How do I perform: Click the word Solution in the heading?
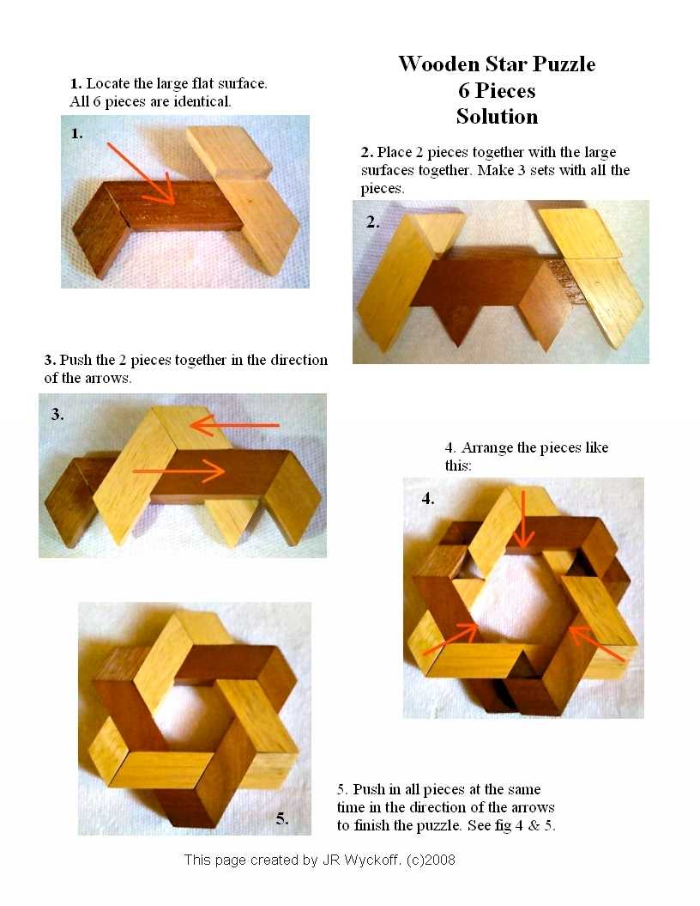[497, 116]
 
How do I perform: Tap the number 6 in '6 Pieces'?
[464, 90]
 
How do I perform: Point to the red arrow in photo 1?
[141, 174]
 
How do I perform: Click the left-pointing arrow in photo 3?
[234, 427]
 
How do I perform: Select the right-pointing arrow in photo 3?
[178, 471]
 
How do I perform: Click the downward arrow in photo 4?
[522, 519]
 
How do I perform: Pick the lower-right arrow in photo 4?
[597, 644]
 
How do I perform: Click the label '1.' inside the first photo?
[76, 133]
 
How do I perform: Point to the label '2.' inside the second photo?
[373, 222]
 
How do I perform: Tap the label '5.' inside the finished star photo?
[281, 818]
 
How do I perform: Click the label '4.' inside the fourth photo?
[427, 498]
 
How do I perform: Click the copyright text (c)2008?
[431, 860]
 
